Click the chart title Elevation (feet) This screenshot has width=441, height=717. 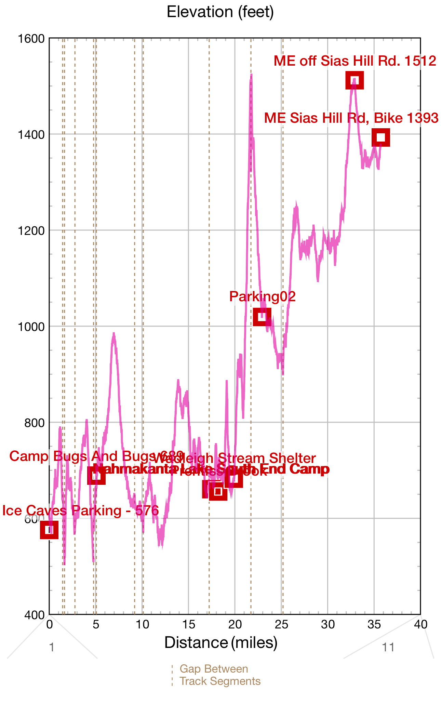point(220,12)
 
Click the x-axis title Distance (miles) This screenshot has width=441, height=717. point(220,643)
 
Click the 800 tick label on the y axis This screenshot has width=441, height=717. point(35,423)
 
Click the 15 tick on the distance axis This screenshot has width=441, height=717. point(188,625)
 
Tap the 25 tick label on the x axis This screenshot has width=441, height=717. point(281,625)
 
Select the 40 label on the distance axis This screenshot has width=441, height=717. point(420,625)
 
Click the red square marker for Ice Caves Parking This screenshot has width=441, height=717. point(49,530)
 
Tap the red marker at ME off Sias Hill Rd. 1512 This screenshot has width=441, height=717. point(355,80)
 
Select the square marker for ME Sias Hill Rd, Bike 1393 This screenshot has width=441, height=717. point(381,137)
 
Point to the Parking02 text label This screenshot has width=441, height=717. point(262,296)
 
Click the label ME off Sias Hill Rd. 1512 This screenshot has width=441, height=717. point(355,61)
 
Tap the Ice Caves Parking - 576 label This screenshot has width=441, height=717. point(81,510)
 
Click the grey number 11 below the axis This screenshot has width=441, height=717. point(388,647)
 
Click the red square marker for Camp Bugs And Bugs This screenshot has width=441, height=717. point(96,476)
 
